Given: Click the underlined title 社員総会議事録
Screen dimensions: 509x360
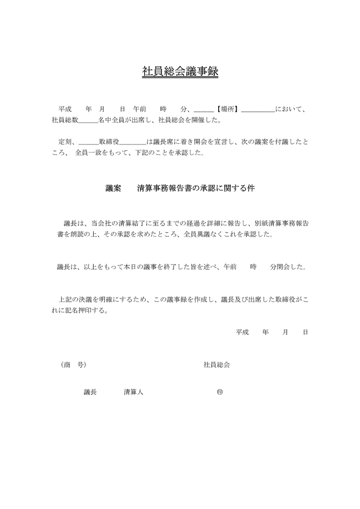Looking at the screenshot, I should point(180,72).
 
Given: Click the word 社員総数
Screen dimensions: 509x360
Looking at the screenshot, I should point(65,121).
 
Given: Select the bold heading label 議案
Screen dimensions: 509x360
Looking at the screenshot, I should point(113,188).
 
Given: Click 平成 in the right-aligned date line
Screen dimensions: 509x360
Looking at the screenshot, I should point(242,332).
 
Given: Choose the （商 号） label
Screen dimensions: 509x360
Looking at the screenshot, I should point(73,365).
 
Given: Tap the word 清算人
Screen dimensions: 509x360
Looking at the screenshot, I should point(133,392).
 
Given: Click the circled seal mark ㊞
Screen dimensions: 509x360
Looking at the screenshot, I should point(220,392).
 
